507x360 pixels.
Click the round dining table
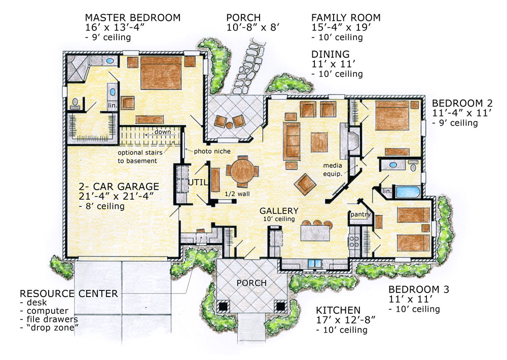(x=242, y=170)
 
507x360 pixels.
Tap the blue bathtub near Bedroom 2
(x=408, y=192)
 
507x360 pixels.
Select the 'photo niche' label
(x=212, y=151)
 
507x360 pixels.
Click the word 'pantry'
(x=360, y=214)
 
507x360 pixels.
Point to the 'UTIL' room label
(x=198, y=183)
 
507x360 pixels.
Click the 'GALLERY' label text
(x=279, y=211)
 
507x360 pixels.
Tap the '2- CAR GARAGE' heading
(x=119, y=187)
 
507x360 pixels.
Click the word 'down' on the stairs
(x=163, y=132)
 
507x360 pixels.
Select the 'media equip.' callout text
(x=333, y=169)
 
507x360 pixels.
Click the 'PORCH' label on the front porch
(x=251, y=283)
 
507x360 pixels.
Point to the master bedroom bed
(x=161, y=73)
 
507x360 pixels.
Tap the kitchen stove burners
(x=354, y=241)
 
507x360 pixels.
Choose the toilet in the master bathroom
(x=75, y=103)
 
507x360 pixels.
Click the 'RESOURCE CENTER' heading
(x=69, y=294)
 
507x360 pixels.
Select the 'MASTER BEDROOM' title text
(x=132, y=17)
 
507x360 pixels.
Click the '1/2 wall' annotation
(x=237, y=194)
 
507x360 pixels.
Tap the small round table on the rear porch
(x=230, y=125)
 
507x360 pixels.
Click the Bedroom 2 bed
(x=392, y=115)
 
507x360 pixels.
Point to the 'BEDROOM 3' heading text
(x=419, y=289)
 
